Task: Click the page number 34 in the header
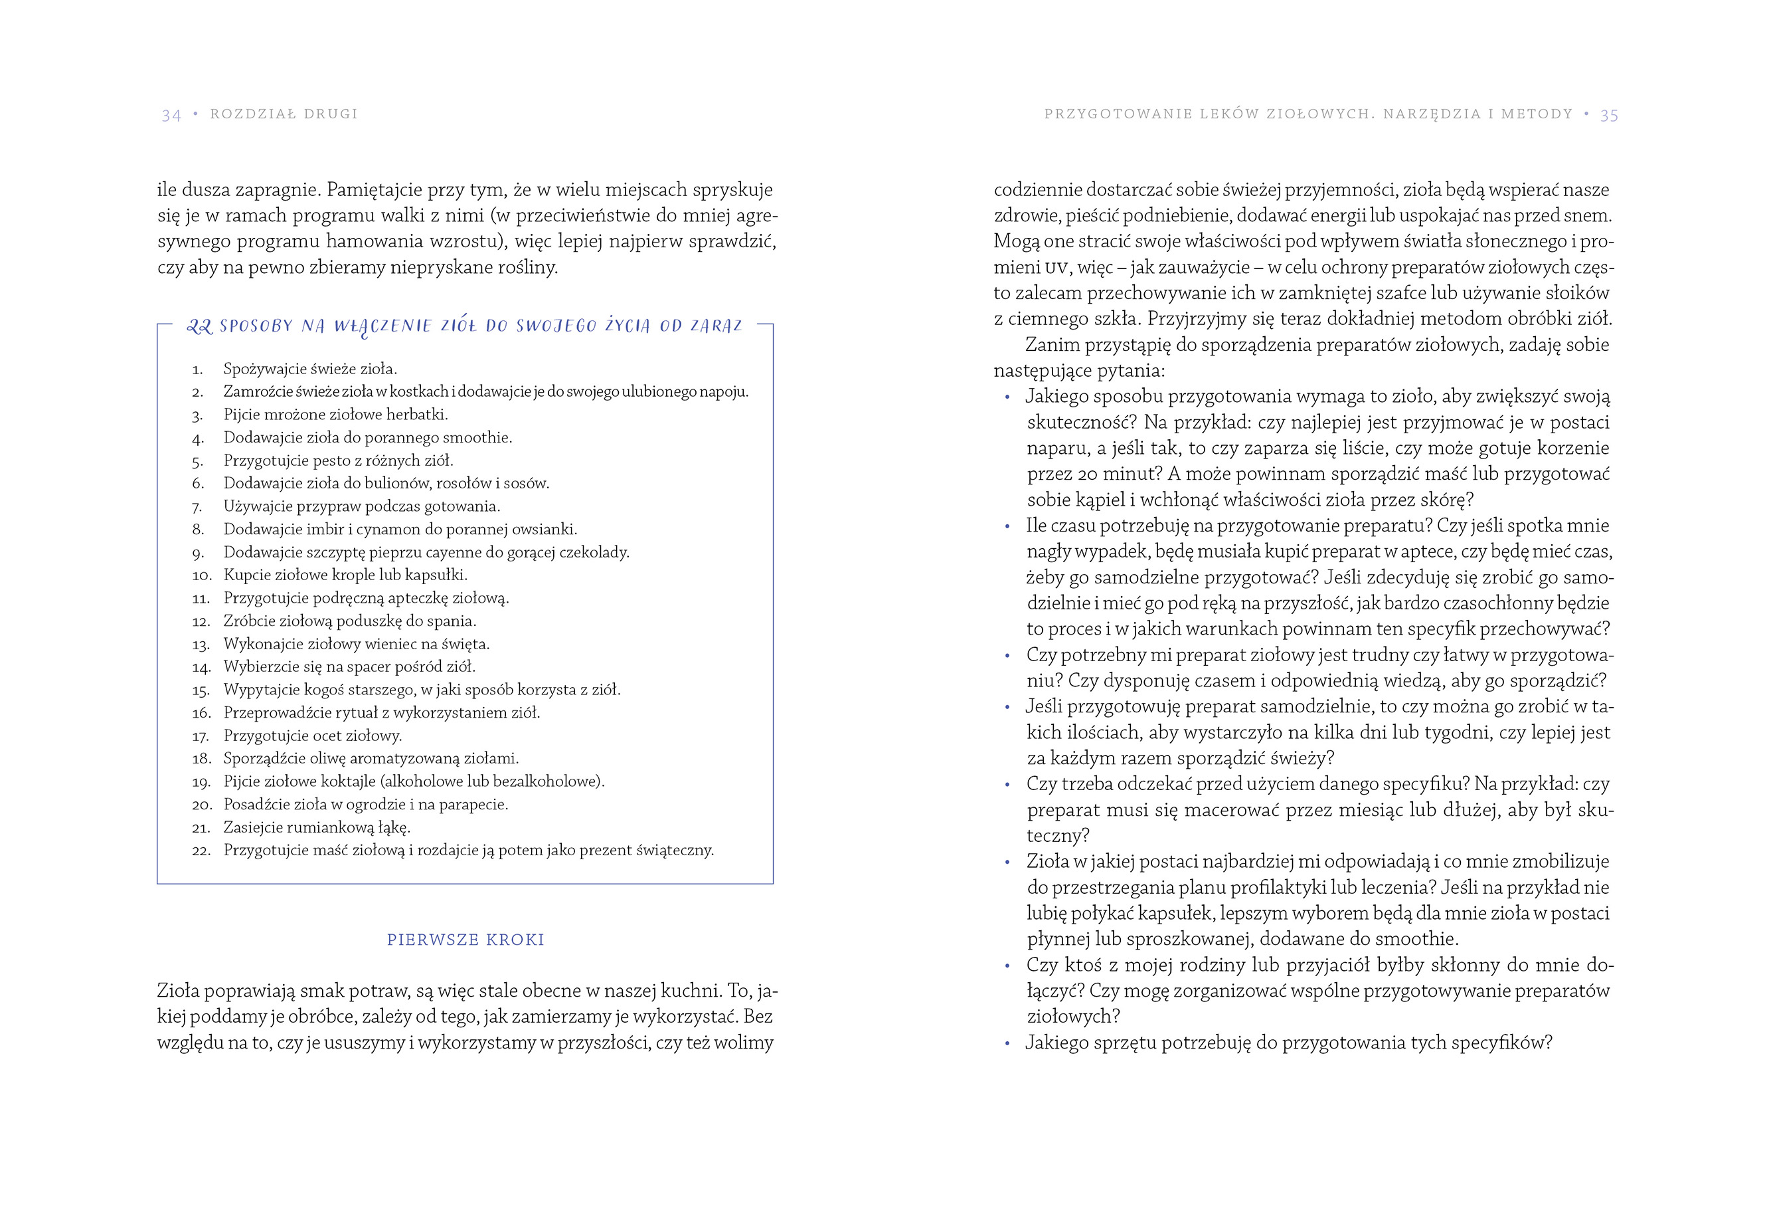pyautogui.click(x=171, y=115)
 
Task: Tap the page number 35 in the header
pyautogui.click(x=1609, y=115)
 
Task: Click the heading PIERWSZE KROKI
pyautogui.click(x=465, y=940)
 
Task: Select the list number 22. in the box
pyautogui.click(x=201, y=851)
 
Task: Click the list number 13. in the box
pyautogui.click(x=201, y=645)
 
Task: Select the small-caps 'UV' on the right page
pyautogui.click(x=1056, y=268)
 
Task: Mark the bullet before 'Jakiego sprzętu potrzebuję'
pyautogui.click(x=1007, y=1044)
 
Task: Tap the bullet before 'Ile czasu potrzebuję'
pyautogui.click(x=1007, y=526)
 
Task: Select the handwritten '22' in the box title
pyautogui.click(x=199, y=326)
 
